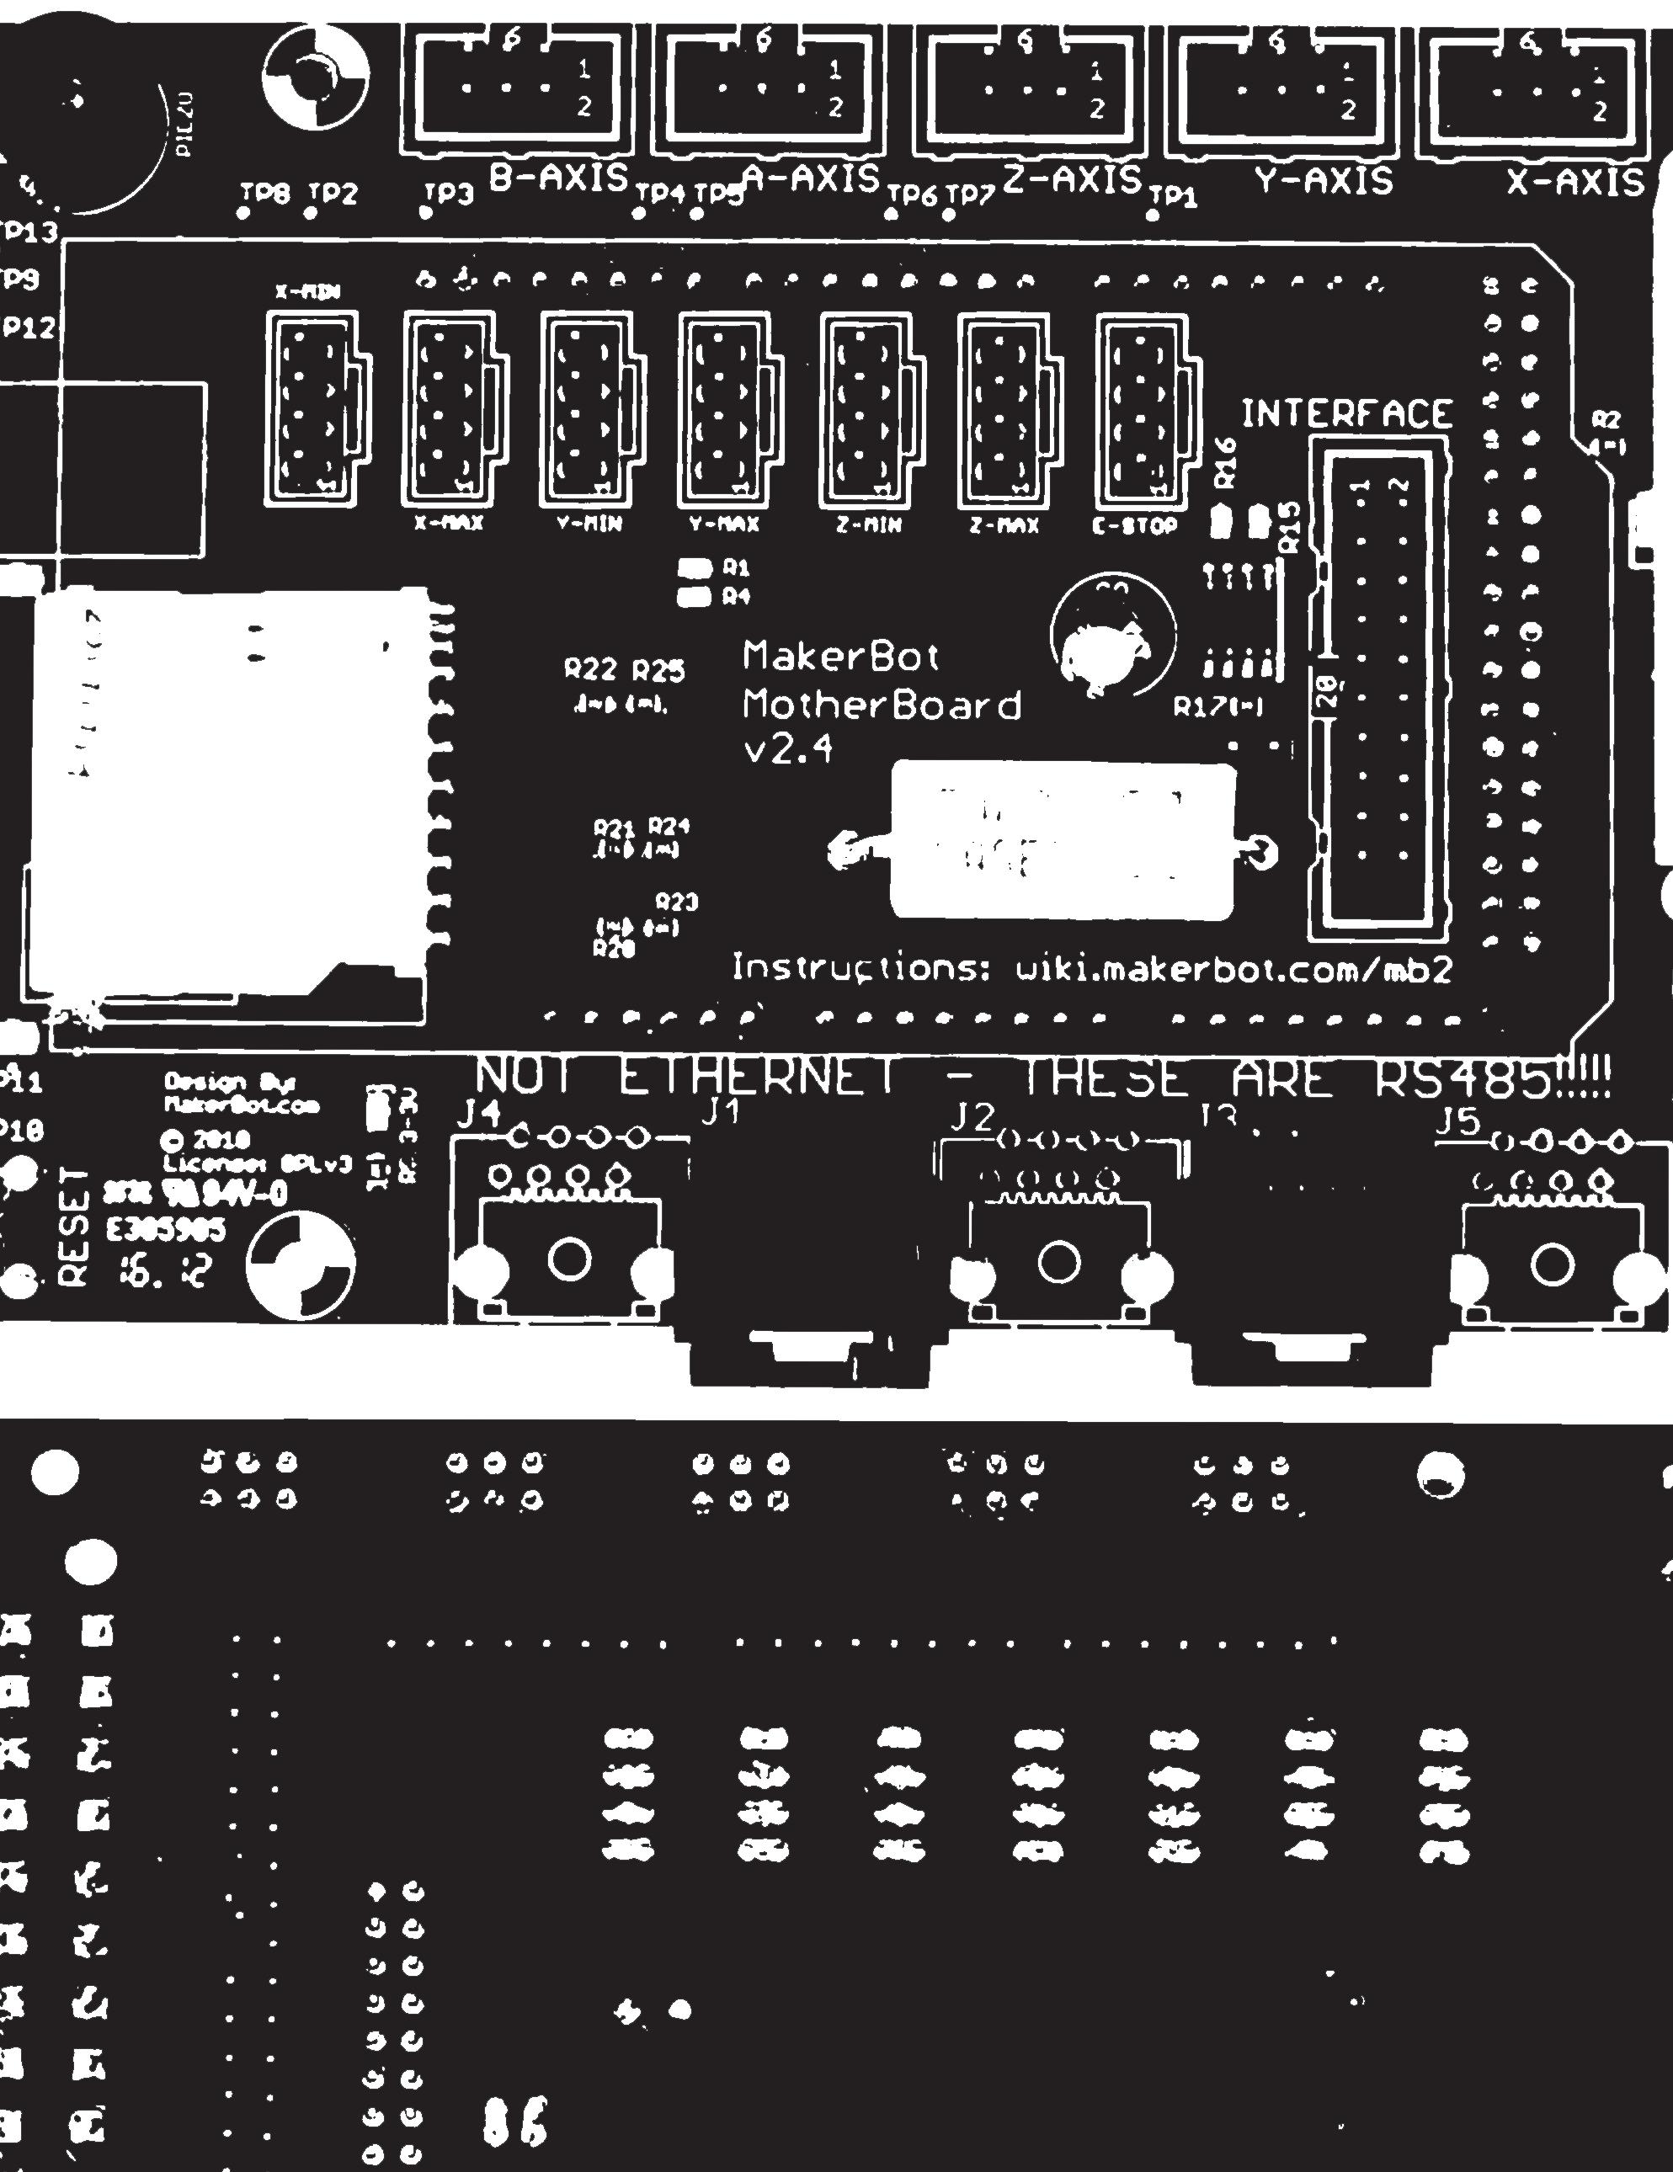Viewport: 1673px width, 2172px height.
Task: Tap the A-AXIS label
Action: click(812, 179)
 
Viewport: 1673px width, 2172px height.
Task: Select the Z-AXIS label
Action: click(1070, 180)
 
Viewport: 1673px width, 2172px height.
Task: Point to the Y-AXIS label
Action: click(1323, 181)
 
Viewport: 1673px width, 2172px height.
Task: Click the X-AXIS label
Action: click(1575, 183)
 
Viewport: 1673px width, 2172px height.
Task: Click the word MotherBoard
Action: click(882, 705)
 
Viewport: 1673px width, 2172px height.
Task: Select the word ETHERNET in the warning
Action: click(756, 1080)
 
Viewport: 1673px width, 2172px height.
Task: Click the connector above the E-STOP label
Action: click(1142, 409)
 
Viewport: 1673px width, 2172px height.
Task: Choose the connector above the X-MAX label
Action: click(449, 409)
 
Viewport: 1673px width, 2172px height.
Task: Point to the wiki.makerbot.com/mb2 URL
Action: click(1231, 967)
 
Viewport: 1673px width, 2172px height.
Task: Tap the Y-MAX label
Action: click(725, 524)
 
